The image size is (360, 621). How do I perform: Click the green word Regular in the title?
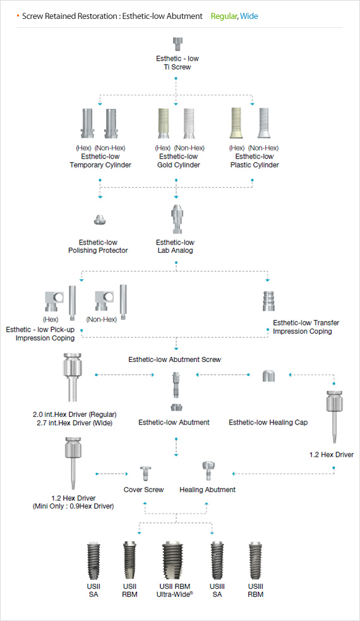pyautogui.click(x=224, y=16)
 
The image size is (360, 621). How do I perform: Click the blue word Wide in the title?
pyautogui.click(x=249, y=16)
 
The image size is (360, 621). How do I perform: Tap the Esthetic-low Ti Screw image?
pyautogui.click(x=177, y=44)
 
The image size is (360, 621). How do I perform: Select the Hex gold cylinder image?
pyautogui.click(x=164, y=123)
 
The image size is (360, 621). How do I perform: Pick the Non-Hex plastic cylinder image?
pyautogui.click(x=263, y=123)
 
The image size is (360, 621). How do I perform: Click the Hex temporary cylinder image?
pyautogui.click(x=88, y=123)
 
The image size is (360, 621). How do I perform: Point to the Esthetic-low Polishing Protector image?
pyautogui.click(x=100, y=219)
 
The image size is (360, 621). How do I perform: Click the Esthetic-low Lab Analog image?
pyautogui.click(x=176, y=219)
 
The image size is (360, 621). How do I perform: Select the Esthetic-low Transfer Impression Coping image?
pyautogui.click(x=268, y=301)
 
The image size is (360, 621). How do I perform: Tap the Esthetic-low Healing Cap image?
pyautogui.click(x=268, y=375)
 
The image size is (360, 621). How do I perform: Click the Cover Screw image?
pyautogui.click(x=145, y=474)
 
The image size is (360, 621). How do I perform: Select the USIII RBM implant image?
pyautogui.click(x=255, y=562)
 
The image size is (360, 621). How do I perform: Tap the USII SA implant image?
pyautogui.click(x=94, y=561)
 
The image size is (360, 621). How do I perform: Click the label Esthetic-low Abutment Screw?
pyautogui.click(x=175, y=359)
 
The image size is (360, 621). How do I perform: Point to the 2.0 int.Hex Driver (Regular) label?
pyautogui.click(x=75, y=414)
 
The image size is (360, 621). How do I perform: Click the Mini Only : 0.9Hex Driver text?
pyautogui.click(x=73, y=506)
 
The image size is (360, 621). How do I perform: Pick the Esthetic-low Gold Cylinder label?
pyautogui.click(x=179, y=161)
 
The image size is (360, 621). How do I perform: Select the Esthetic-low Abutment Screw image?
pyautogui.click(x=176, y=385)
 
